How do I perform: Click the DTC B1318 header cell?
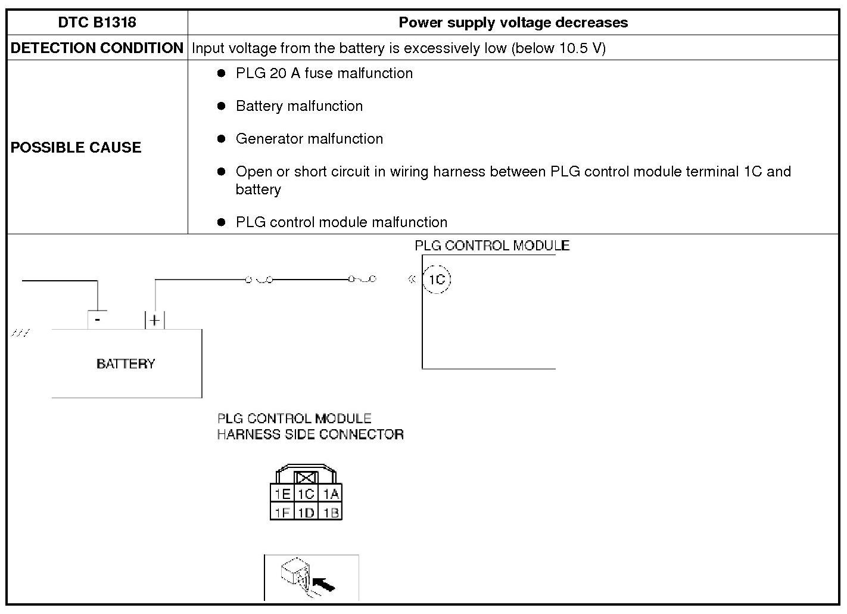point(97,23)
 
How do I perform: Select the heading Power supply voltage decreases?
point(513,23)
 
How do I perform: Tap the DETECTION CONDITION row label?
point(97,48)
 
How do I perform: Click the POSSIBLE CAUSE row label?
point(76,147)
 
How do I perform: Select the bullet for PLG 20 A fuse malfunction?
point(222,73)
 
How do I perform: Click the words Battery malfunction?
point(299,106)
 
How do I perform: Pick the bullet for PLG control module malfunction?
point(222,222)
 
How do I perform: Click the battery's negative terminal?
point(98,320)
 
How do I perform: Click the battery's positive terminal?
point(154,320)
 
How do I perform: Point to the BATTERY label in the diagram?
point(126,364)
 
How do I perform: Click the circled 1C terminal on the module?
point(437,280)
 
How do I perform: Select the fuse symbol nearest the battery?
point(259,279)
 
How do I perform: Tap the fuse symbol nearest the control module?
point(362,279)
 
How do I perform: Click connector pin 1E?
point(282,494)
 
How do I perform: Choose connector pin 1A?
point(331,494)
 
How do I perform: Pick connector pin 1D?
point(306,512)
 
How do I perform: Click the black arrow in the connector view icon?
point(323,584)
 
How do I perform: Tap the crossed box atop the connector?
point(306,477)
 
